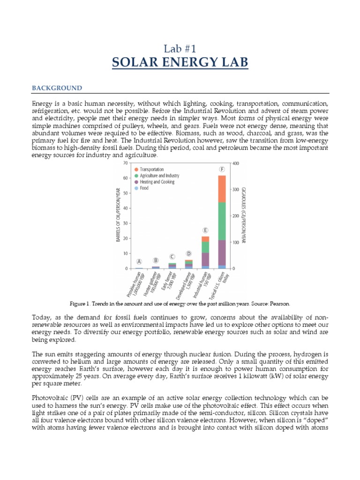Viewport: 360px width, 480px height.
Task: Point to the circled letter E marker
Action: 205,230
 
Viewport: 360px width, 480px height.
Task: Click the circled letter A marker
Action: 139,262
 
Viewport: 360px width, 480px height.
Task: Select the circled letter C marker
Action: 172,256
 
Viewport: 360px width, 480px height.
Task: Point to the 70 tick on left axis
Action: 125,163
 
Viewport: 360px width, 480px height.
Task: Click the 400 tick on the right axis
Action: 236,163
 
